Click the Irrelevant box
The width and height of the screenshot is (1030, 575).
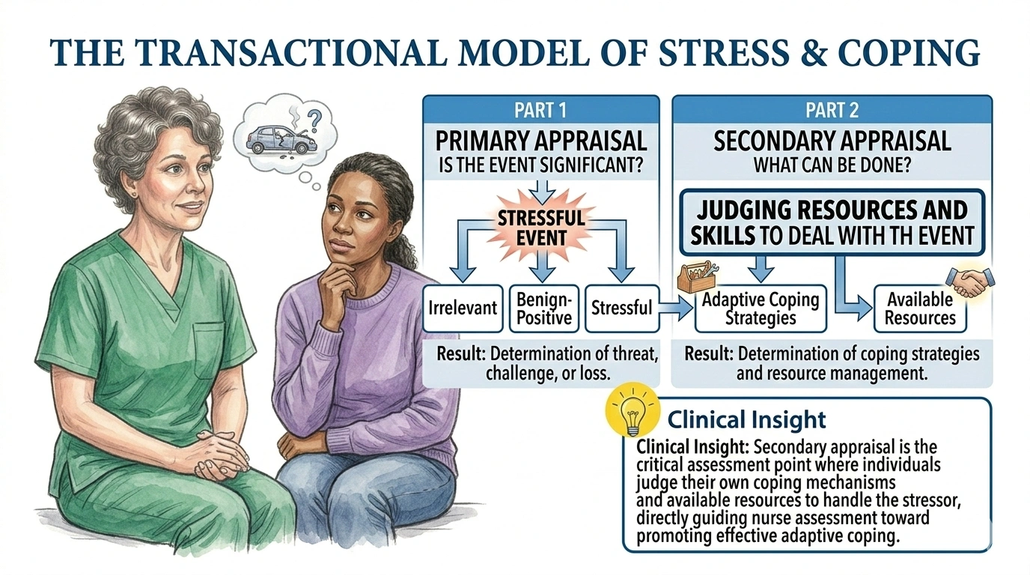463,308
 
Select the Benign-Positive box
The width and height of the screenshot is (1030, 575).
543,308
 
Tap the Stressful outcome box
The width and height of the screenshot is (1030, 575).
621,308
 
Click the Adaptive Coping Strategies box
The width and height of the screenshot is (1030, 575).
761,308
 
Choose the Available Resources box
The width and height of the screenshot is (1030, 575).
920,308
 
